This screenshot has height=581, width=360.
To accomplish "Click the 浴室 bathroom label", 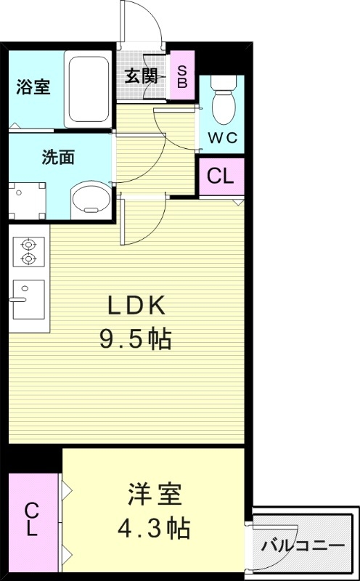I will click(33, 87).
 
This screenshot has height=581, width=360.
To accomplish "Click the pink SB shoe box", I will click(181, 76).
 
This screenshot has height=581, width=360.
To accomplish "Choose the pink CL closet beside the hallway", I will click(221, 176).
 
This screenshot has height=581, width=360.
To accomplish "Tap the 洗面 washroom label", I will click(58, 158).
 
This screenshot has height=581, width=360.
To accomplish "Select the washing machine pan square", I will click(27, 198).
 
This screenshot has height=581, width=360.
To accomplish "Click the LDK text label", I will click(137, 306).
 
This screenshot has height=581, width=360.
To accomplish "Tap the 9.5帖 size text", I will click(136, 338).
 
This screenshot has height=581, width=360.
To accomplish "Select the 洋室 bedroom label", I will click(153, 496).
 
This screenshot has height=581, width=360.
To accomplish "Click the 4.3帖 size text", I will click(153, 528).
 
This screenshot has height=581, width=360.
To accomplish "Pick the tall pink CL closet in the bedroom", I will click(33, 519).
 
